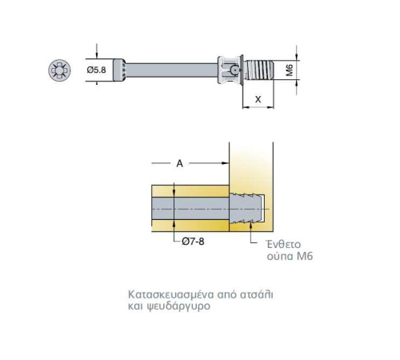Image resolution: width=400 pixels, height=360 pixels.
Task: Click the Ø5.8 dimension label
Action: tap(96, 70)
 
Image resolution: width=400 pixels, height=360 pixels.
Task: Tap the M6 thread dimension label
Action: tap(290, 70)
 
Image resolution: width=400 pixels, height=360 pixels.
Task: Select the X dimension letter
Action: tap(258, 99)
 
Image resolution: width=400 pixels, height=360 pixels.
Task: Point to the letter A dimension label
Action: tap(180, 163)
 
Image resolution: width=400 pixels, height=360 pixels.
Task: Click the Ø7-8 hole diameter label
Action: tap(193, 242)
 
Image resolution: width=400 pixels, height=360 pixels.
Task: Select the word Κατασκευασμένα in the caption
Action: tap(171, 294)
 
